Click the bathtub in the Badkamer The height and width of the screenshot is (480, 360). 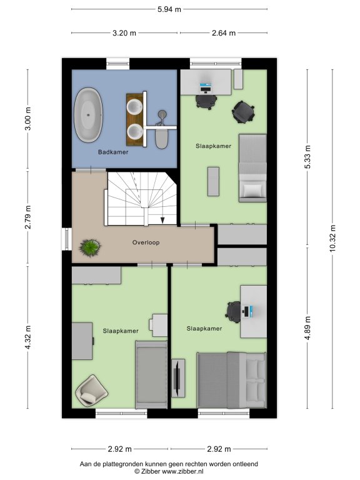click(89, 115)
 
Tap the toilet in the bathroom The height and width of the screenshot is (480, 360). click(162, 138)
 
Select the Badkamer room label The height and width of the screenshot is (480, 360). click(113, 152)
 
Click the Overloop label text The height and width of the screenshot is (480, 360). click(146, 242)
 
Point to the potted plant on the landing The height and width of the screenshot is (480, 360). click(90, 247)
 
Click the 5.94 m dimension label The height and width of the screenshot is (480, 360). click(169, 9)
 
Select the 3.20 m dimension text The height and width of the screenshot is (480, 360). click(124, 32)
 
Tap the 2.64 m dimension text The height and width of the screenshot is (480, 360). click(224, 32)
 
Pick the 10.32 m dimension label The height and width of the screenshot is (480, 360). click(332, 239)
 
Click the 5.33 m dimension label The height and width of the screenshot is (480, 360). click(307, 157)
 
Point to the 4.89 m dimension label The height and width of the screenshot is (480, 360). click(307, 328)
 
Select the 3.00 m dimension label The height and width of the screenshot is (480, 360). click(28, 119)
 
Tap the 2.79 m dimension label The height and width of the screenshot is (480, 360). click(28, 217)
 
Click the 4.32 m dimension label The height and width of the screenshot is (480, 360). click(28, 337)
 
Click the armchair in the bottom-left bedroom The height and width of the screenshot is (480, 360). click(91, 390)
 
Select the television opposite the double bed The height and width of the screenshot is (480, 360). click(177, 377)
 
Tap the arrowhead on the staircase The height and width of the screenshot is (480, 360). click(162, 220)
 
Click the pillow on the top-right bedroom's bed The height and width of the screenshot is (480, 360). click(254, 191)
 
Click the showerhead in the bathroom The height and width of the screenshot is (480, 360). click(162, 114)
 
